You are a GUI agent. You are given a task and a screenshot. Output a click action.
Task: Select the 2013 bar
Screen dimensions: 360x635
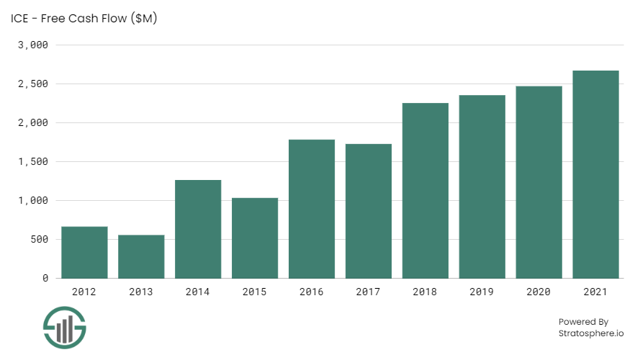pyautogui.click(x=141, y=256)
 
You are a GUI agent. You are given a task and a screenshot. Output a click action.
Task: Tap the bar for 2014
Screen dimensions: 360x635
pyautogui.click(x=198, y=229)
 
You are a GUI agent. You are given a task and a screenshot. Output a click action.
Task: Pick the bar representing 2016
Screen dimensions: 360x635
pyautogui.click(x=312, y=209)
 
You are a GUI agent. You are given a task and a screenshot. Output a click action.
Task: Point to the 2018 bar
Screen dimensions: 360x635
pyautogui.click(x=425, y=191)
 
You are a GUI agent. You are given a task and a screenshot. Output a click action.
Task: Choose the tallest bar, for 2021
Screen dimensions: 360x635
pyautogui.click(x=595, y=174)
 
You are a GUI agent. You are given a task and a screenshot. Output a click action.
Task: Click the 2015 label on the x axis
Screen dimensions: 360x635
pyautogui.click(x=255, y=292)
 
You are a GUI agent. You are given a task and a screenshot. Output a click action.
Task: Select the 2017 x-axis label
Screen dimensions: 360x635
pyautogui.click(x=369, y=292)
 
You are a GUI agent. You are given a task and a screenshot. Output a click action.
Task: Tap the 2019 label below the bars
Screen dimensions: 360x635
pyautogui.click(x=482, y=292)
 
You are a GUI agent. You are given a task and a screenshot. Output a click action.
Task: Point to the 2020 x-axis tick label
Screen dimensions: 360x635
pyautogui.click(x=539, y=292)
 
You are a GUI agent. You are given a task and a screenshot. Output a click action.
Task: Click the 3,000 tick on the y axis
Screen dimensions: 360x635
pyautogui.click(x=33, y=45)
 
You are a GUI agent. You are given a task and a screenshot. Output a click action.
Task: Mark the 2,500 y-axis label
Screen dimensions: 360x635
pyautogui.click(x=33, y=84)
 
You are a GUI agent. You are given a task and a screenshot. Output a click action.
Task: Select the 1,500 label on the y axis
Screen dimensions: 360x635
pyautogui.click(x=33, y=161)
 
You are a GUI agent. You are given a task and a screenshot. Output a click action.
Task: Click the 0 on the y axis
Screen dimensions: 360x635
pyautogui.click(x=45, y=278)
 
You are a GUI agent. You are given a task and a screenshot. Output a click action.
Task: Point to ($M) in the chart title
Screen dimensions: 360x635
pyautogui.click(x=140, y=19)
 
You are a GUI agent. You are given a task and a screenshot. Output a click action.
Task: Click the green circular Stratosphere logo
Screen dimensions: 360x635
pyautogui.click(x=64, y=329)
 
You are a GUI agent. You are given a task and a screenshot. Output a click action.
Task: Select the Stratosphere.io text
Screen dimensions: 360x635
pyautogui.click(x=591, y=333)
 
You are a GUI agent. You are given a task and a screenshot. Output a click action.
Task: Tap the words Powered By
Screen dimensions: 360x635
pyautogui.click(x=583, y=322)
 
